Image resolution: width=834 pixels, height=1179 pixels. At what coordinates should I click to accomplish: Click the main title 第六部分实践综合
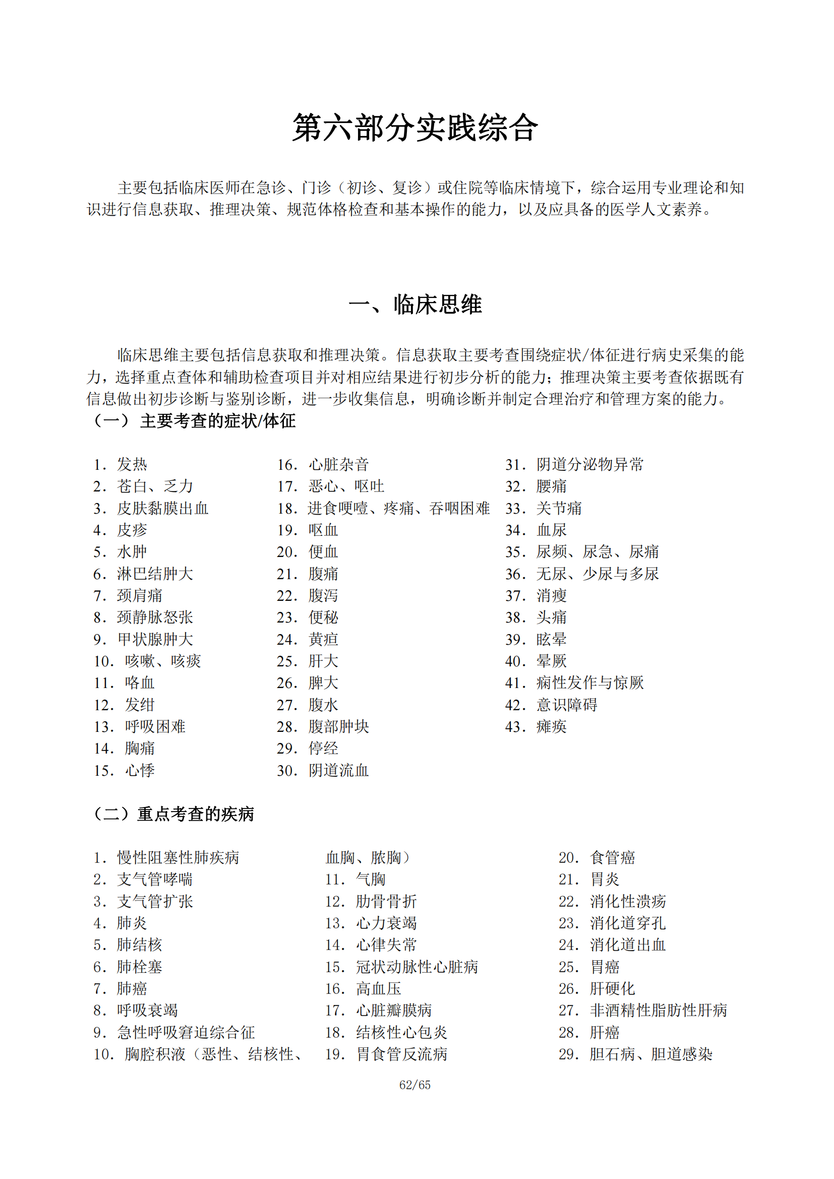[415, 128]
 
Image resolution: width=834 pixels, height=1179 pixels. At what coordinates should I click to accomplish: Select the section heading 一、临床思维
[415, 304]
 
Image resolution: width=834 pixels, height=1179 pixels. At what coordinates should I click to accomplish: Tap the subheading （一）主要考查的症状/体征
[194, 421]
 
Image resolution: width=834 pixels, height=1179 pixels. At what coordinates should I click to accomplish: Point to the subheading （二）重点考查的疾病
[173, 814]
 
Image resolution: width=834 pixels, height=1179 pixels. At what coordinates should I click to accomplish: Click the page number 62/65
[415, 1085]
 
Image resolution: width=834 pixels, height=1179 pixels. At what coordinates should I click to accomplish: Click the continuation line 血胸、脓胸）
[368, 857]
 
